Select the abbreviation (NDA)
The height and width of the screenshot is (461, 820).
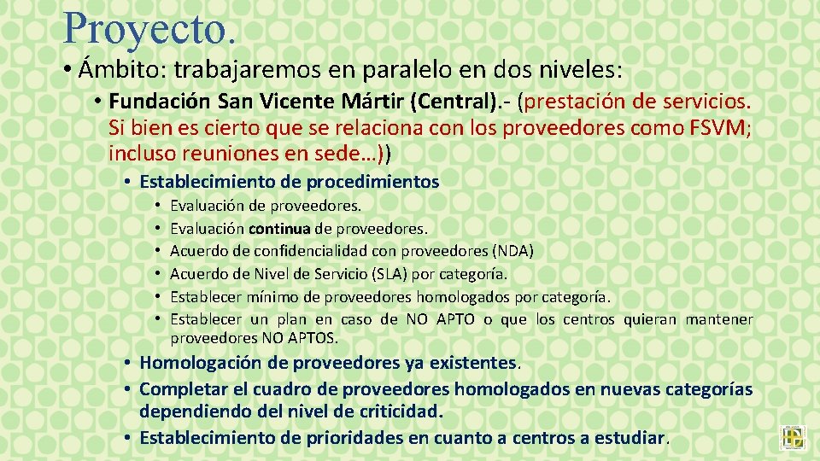coord(513,251)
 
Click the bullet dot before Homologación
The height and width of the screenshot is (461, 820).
coord(126,364)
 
